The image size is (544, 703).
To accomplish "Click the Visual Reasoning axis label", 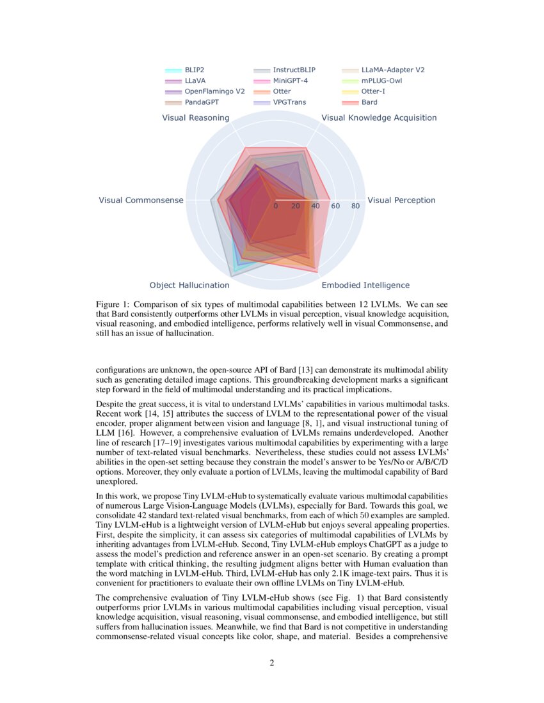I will point(195,118).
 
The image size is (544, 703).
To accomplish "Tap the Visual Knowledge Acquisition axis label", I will point(379,118).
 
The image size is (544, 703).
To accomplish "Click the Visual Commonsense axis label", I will point(141,201).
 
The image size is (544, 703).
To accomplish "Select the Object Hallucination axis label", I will point(189,285).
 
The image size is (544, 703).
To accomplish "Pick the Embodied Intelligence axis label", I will point(365,285).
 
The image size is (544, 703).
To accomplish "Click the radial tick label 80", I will point(356,206).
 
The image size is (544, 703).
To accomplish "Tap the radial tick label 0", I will point(276,206).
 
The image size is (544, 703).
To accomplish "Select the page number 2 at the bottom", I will point(272,663).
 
